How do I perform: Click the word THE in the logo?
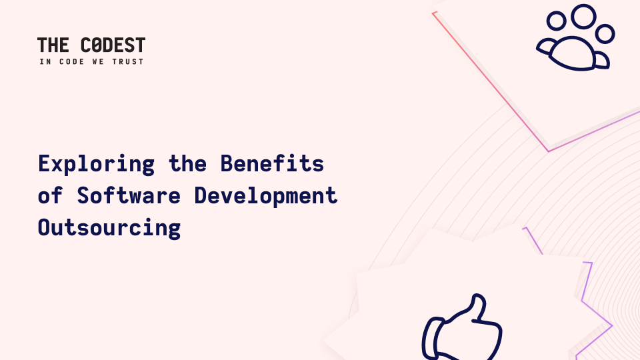tap(53, 45)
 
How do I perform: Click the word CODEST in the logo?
tap(113, 45)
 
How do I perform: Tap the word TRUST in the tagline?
tap(128, 61)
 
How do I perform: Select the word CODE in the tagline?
tap(72, 61)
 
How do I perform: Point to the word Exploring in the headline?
tap(96, 164)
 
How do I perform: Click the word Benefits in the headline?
tap(272, 163)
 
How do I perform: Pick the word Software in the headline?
tap(129, 195)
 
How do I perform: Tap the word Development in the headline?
tap(266, 196)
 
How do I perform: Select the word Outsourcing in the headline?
tap(109, 228)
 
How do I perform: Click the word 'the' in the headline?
tap(188, 163)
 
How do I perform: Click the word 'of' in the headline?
tap(50, 195)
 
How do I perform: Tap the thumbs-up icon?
tap(462, 327)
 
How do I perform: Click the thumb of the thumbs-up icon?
tap(478, 305)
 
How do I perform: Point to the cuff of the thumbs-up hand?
tap(431, 339)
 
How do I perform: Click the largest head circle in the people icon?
tap(583, 16)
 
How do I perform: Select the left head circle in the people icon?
tap(556, 21)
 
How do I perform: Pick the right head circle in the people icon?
tap(605, 34)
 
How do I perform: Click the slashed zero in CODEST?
tap(96, 45)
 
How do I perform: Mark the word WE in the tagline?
tap(99, 61)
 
